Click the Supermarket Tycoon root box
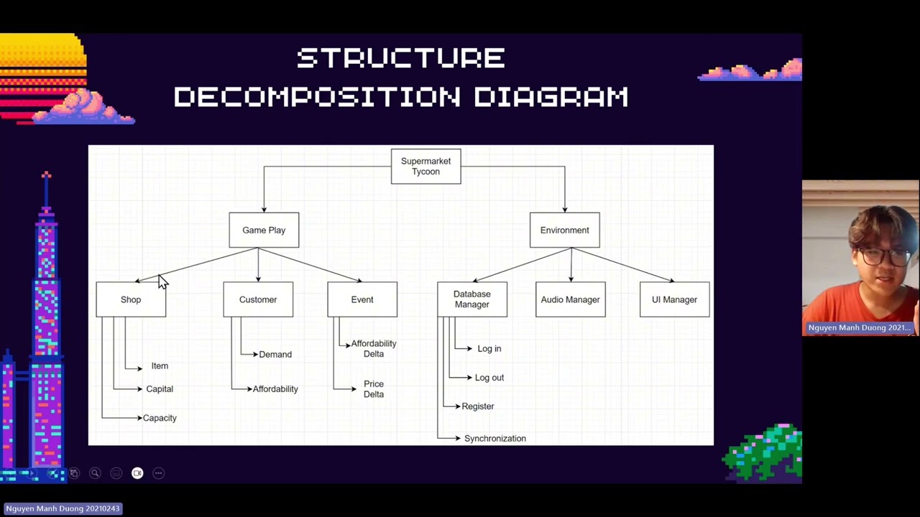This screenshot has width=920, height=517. [x=425, y=167]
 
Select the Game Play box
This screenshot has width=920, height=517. [x=264, y=230]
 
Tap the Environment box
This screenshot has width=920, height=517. [x=564, y=230]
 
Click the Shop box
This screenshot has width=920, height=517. [x=131, y=299]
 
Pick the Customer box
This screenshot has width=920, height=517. [x=258, y=299]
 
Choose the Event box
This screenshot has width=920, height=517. [x=362, y=299]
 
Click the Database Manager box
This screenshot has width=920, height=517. [x=471, y=299]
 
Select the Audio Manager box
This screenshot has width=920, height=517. [x=570, y=299]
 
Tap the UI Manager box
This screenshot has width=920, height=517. [x=674, y=299]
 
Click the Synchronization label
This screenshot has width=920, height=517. [x=494, y=438]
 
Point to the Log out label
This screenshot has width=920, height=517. [x=489, y=377]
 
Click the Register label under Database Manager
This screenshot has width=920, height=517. [x=477, y=406]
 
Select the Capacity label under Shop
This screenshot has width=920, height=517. [x=160, y=417]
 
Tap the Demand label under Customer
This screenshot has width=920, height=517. [x=275, y=354]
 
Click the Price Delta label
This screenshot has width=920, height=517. [x=373, y=388]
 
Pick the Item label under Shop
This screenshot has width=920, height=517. [x=160, y=365]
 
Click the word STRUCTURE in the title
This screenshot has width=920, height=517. [x=401, y=58]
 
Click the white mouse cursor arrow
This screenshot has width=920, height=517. [x=162, y=281]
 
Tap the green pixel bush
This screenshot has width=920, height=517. [x=765, y=452]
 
